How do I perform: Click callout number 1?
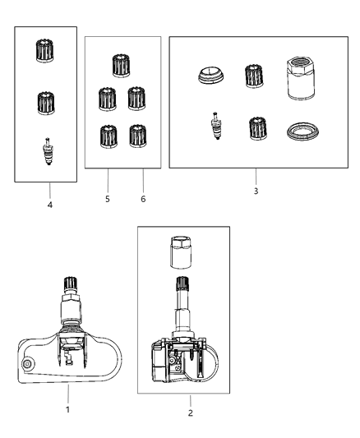click(x=67, y=410)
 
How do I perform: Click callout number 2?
click(x=190, y=413)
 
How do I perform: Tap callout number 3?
click(x=256, y=191)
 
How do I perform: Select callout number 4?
click(x=49, y=205)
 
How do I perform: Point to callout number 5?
click(x=108, y=199)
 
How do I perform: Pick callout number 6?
click(x=143, y=199)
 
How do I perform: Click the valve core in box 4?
click(x=48, y=151)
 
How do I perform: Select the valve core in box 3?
click(x=216, y=126)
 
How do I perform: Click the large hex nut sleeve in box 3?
click(x=300, y=79)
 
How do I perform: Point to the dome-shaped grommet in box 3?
click(x=211, y=76)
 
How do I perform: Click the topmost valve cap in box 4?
click(x=44, y=51)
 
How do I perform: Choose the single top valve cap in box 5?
click(x=122, y=66)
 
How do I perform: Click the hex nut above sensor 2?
click(x=181, y=252)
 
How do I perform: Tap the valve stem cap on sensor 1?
click(x=71, y=285)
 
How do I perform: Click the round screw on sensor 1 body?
click(x=28, y=364)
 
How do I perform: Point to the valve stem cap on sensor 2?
click(x=182, y=283)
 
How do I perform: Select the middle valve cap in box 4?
click(x=46, y=103)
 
